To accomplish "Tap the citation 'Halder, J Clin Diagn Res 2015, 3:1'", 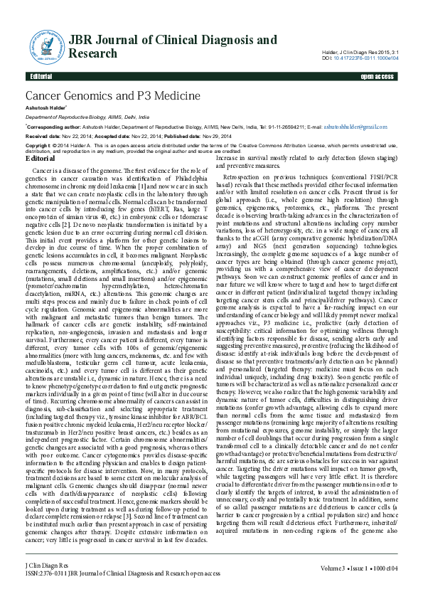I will coord(361,51).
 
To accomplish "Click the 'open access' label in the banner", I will coord(378,76).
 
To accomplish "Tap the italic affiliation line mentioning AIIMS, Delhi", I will coord(87,115).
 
